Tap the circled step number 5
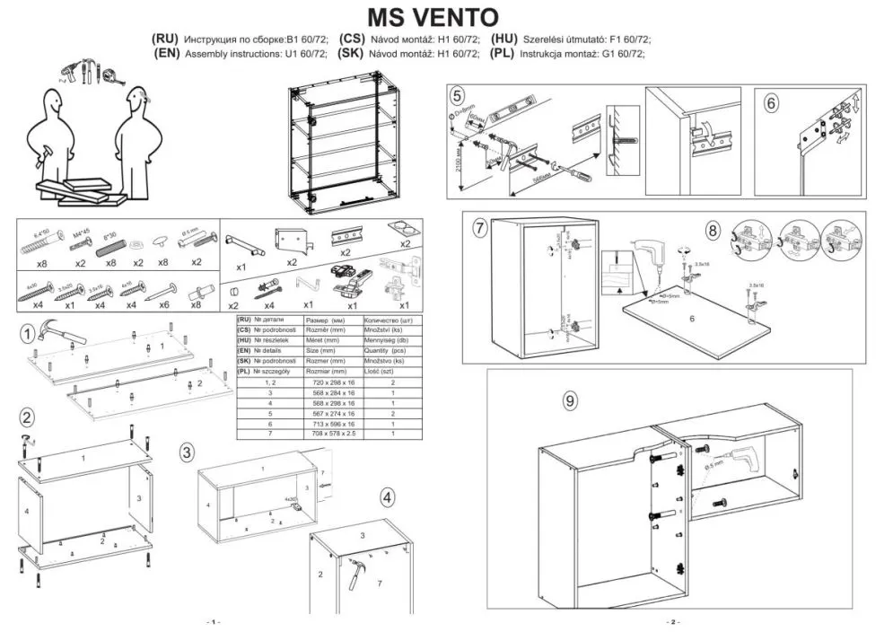[x=458, y=96]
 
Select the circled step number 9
[x=569, y=401]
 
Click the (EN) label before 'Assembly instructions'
[x=167, y=54]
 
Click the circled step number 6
[x=771, y=102]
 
